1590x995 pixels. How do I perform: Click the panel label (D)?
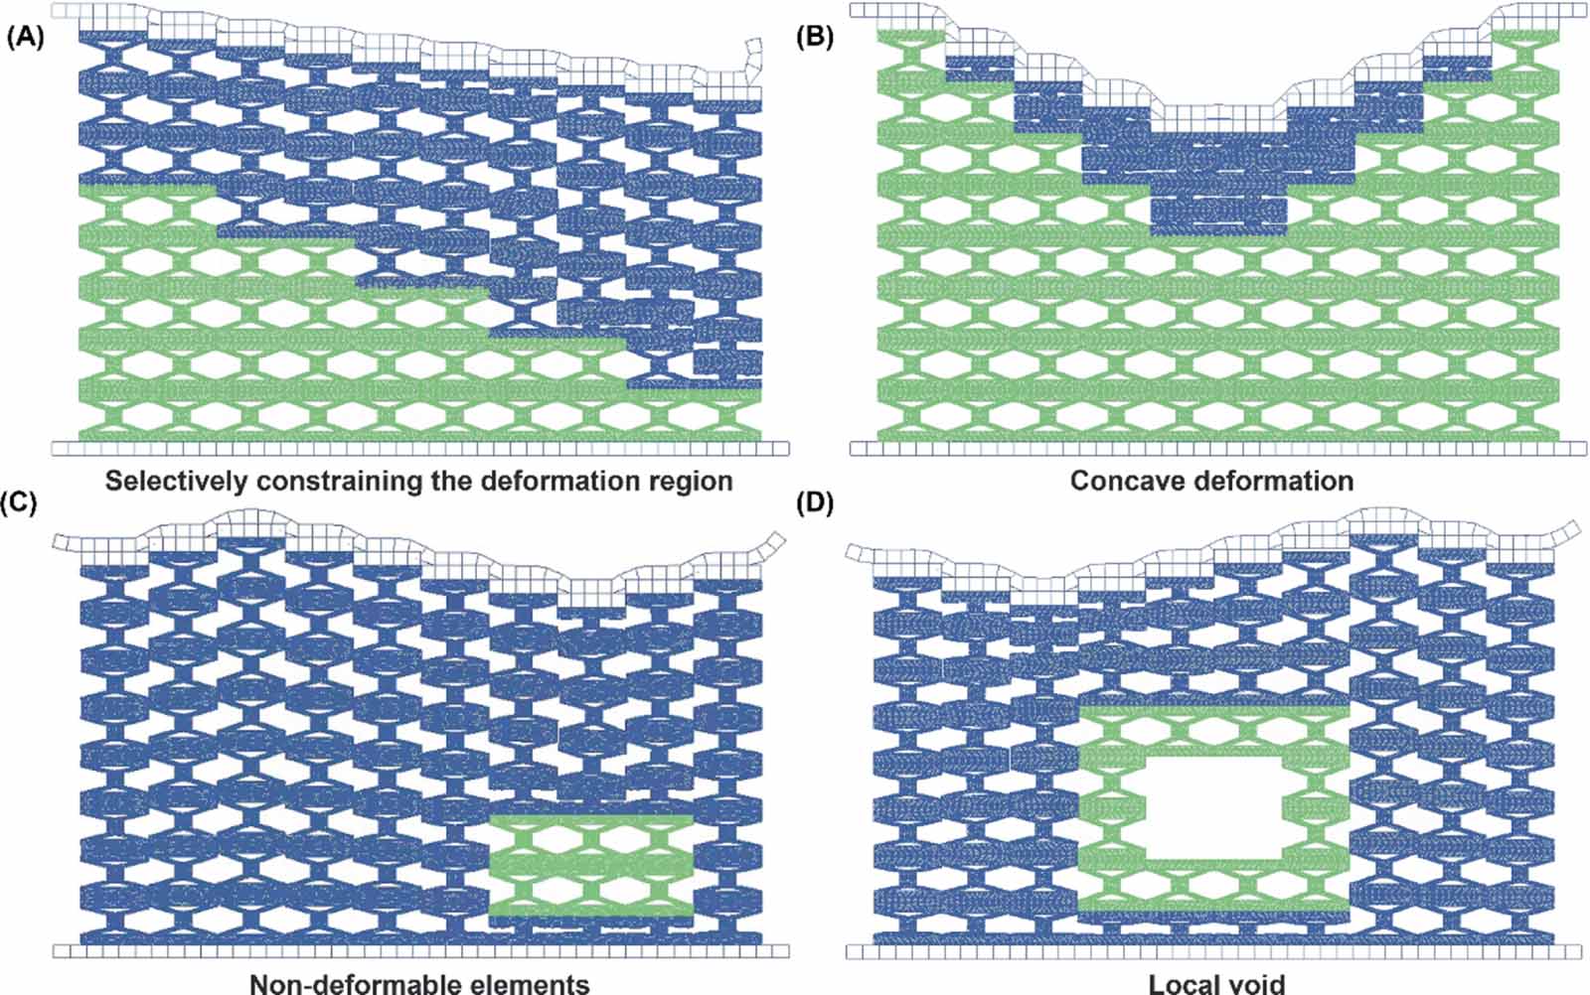coord(815,502)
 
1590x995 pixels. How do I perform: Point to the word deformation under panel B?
coord(1272,482)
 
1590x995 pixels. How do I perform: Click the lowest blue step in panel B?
coord(1218,214)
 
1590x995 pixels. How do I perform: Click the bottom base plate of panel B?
coord(1218,449)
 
